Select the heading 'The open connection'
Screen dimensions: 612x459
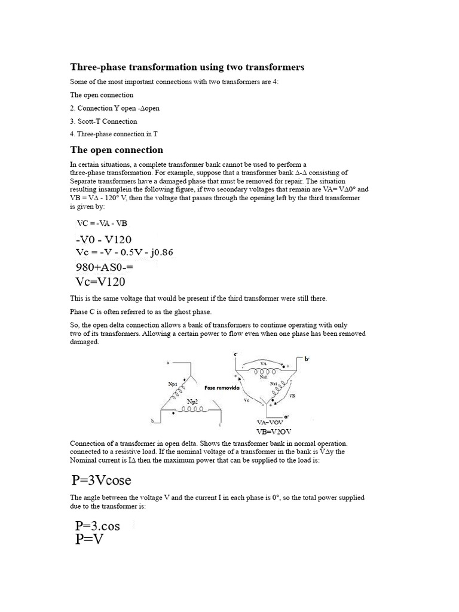117,149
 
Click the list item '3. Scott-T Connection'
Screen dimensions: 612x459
103,121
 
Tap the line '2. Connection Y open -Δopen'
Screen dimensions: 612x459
115,108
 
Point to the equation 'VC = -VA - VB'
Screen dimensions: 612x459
102,224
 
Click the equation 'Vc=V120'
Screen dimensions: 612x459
101,281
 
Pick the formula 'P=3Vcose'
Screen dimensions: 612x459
101,479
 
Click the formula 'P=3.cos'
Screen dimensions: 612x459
99,526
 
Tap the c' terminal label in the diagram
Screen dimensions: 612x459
236,355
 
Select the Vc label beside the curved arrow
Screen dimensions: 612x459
247,401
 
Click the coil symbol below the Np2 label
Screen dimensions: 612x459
194,411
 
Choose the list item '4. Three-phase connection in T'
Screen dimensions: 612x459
114,134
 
